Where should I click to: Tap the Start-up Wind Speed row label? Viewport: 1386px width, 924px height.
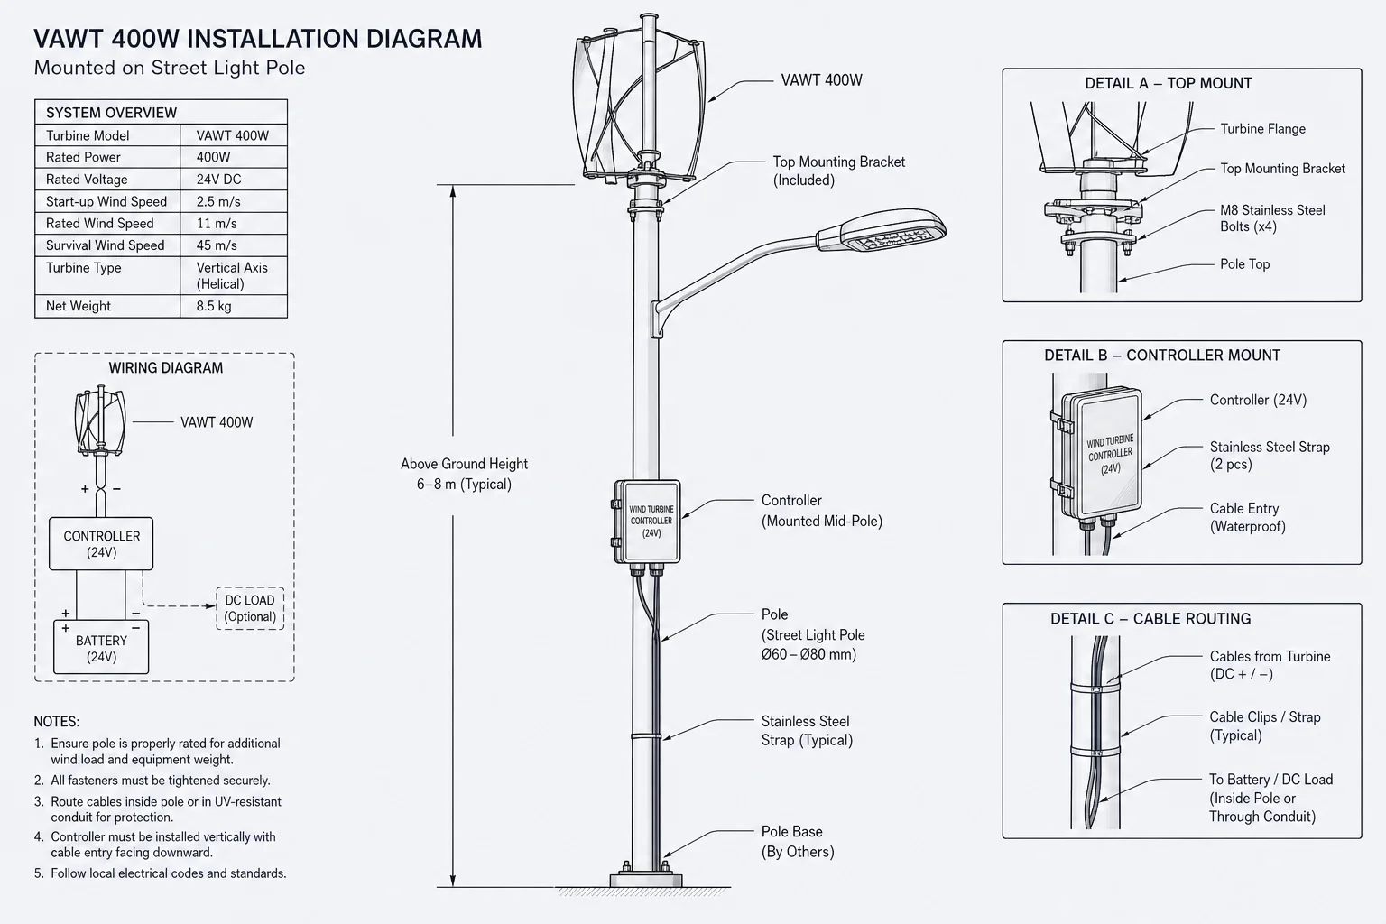(x=106, y=201)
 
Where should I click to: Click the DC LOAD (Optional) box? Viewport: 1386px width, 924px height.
(x=250, y=608)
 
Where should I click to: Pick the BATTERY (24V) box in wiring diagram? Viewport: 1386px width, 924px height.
(x=101, y=648)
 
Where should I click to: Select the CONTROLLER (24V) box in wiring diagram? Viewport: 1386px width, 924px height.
(x=101, y=544)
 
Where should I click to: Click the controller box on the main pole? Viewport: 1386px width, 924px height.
(x=647, y=522)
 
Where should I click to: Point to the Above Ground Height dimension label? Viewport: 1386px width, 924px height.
(x=464, y=474)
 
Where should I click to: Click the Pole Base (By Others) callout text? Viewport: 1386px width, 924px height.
(x=798, y=842)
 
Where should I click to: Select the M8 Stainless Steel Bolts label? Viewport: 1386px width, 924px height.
(x=1272, y=217)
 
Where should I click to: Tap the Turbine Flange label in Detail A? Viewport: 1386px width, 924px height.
(x=1263, y=129)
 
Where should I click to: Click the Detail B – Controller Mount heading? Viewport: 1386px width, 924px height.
(x=1162, y=356)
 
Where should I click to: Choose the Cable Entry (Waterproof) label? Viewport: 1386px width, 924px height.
(x=1247, y=517)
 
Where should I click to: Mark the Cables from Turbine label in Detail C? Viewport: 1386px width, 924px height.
(x=1270, y=665)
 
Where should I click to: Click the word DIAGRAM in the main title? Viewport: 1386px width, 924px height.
(x=424, y=39)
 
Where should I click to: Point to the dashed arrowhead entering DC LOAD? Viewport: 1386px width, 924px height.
(x=211, y=605)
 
